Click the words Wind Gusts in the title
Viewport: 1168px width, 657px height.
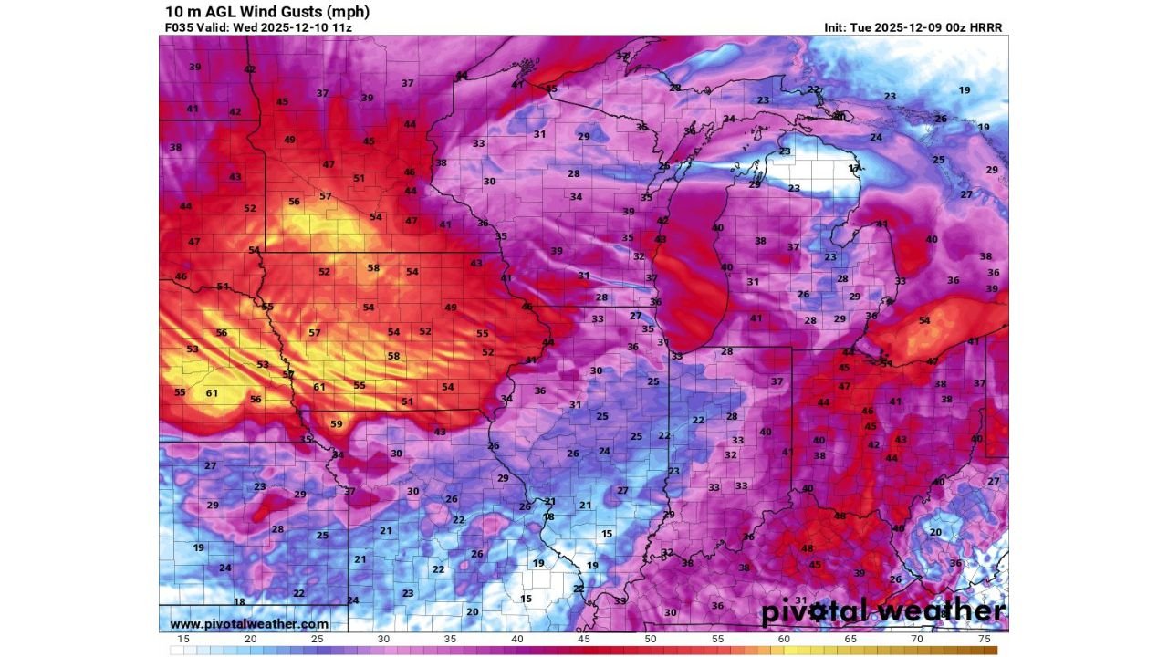tap(266, 12)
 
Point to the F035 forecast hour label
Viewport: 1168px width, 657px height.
tap(177, 27)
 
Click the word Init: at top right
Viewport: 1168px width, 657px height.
tap(839, 27)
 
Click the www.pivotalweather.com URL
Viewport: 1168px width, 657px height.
tap(249, 624)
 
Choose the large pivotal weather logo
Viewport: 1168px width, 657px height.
tap(882, 611)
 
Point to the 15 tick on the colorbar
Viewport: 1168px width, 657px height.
tap(184, 640)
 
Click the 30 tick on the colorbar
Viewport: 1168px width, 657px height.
tap(384, 640)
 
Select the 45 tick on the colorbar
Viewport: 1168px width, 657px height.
tap(584, 640)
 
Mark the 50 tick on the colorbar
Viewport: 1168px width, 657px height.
tap(651, 640)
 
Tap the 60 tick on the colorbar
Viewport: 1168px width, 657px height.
tap(784, 640)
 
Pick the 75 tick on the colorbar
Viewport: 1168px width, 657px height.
tap(984, 640)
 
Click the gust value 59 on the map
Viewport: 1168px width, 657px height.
tap(336, 424)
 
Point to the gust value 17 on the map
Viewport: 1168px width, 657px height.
tap(854, 169)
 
